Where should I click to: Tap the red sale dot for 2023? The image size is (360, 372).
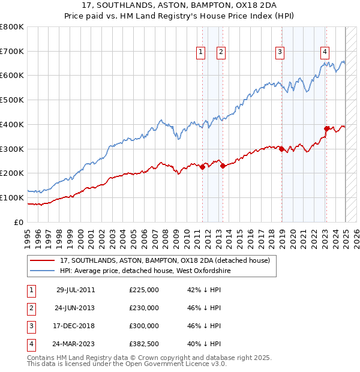(326, 128)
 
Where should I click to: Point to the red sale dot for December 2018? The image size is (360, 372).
(281, 149)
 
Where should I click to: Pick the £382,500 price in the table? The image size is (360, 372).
(144, 344)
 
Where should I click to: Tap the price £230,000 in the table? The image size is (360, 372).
(144, 308)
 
